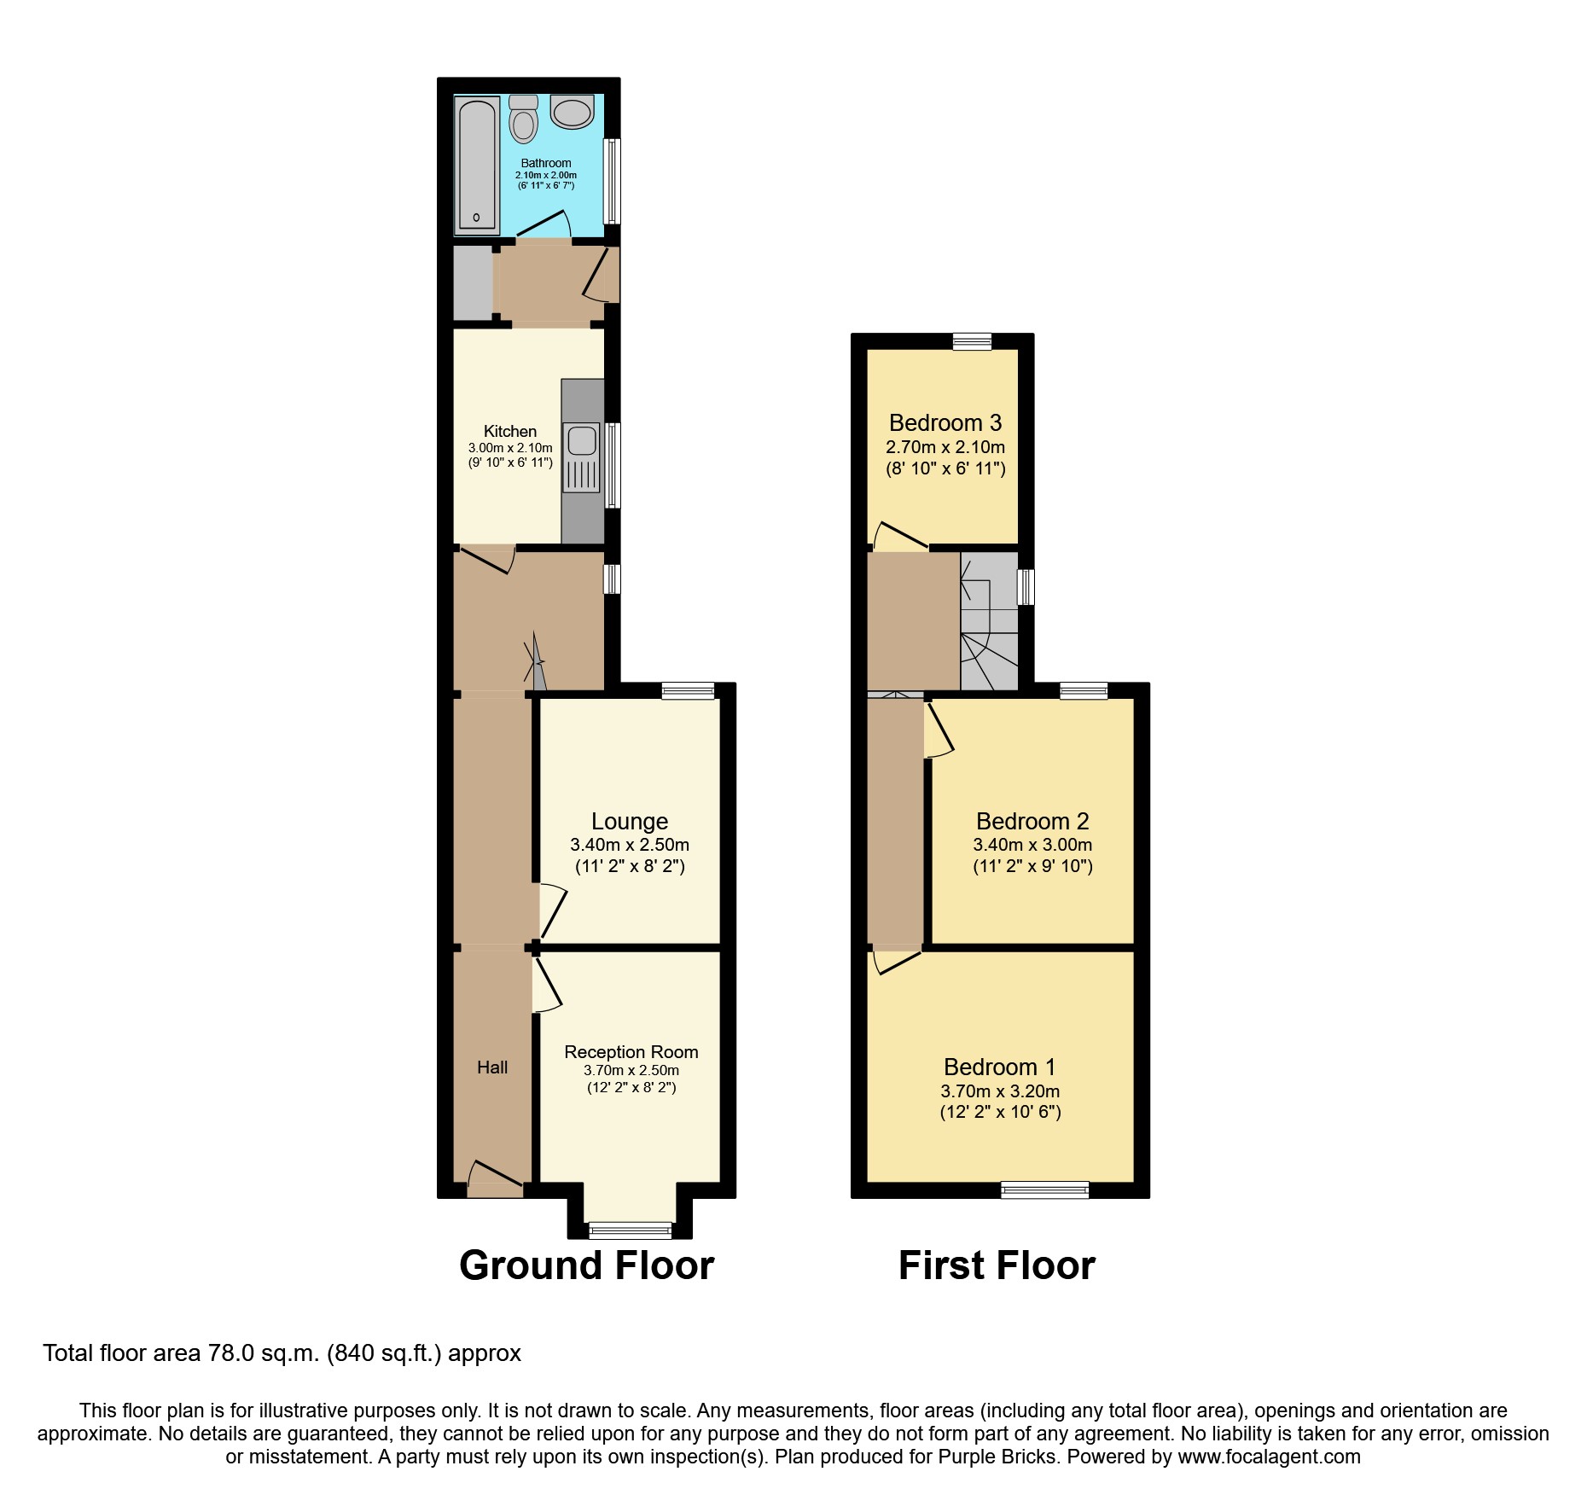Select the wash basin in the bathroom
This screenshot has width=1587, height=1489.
[x=572, y=112]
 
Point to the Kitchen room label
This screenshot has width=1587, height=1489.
[x=510, y=431]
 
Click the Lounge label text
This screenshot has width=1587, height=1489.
[x=630, y=821]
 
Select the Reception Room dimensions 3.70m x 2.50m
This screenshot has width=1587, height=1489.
[x=631, y=1070]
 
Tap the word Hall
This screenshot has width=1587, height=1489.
[x=492, y=1067]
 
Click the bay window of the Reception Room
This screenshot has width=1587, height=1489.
[x=631, y=1230]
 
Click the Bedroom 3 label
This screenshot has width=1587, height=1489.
[x=945, y=422]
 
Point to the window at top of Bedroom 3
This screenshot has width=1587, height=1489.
[x=973, y=341]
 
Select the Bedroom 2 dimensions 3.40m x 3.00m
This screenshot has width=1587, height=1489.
[x=1032, y=845]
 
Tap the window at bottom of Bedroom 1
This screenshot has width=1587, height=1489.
[x=1044, y=1189]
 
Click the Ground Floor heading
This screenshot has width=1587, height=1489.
[x=586, y=1265]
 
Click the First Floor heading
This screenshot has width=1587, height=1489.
[x=996, y=1265]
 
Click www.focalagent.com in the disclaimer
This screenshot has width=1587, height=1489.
[x=1269, y=1457]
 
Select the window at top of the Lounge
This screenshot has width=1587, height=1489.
[x=688, y=690]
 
